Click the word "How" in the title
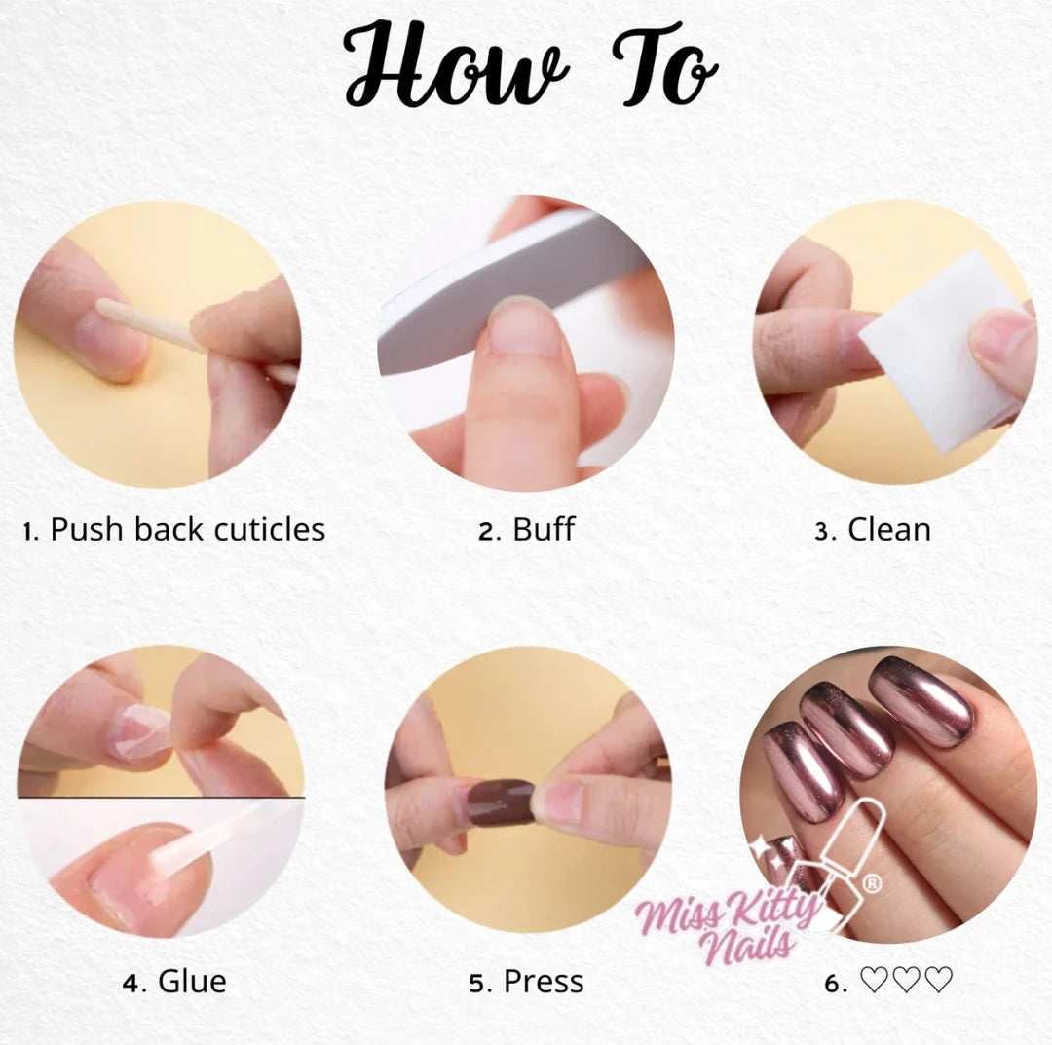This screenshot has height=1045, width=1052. (456, 65)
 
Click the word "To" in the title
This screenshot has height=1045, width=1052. (664, 65)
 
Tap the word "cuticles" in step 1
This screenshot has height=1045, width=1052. (271, 529)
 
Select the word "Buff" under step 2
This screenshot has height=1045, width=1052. (544, 529)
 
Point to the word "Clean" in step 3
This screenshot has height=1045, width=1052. (889, 529)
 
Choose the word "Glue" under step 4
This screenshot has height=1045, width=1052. (193, 982)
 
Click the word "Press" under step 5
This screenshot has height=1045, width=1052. (544, 982)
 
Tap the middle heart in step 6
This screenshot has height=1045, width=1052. (907, 980)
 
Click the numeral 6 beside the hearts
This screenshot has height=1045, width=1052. (832, 984)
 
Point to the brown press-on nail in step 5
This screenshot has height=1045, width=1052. (502, 802)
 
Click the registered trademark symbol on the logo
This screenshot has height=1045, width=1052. (871, 883)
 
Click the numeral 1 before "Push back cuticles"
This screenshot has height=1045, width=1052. (27, 532)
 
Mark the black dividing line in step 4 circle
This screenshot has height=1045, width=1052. (161, 798)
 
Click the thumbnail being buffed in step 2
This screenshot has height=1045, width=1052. (525, 327)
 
